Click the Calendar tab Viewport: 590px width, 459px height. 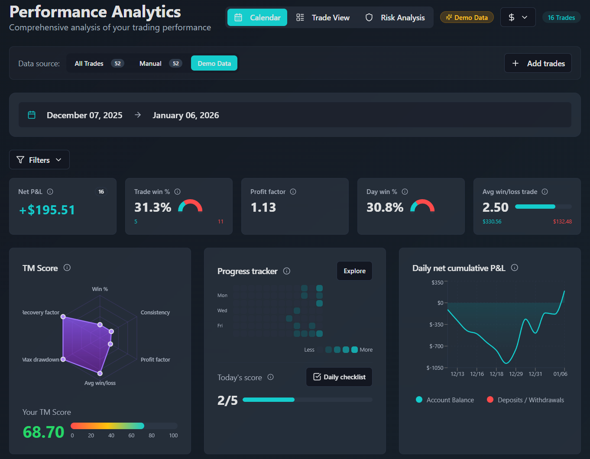tap(257, 18)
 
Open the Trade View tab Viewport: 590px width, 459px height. tap(323, 18)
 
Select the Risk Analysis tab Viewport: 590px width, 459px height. tap(395, 18)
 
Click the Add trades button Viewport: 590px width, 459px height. tap(538, 63)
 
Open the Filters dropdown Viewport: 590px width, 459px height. tap(39, 160)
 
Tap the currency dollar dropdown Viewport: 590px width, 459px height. tap(518, 17)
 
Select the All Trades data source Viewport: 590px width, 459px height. tap(98, 63)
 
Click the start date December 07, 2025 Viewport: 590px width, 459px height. tap(84, 115)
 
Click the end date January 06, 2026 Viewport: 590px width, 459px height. tap(185, 115)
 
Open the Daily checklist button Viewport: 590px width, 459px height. tap(339, 377)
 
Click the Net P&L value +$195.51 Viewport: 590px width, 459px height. tap(47, 210)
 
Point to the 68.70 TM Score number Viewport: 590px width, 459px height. tap(43, 432)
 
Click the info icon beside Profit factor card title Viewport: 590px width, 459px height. tap(293, 191)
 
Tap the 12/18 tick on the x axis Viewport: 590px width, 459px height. tap(496, 374)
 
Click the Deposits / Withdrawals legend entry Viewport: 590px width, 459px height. tap(525, 400)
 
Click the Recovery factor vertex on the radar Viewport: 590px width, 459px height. tap(63, 317)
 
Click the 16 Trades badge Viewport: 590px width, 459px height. tap(561, 18)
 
